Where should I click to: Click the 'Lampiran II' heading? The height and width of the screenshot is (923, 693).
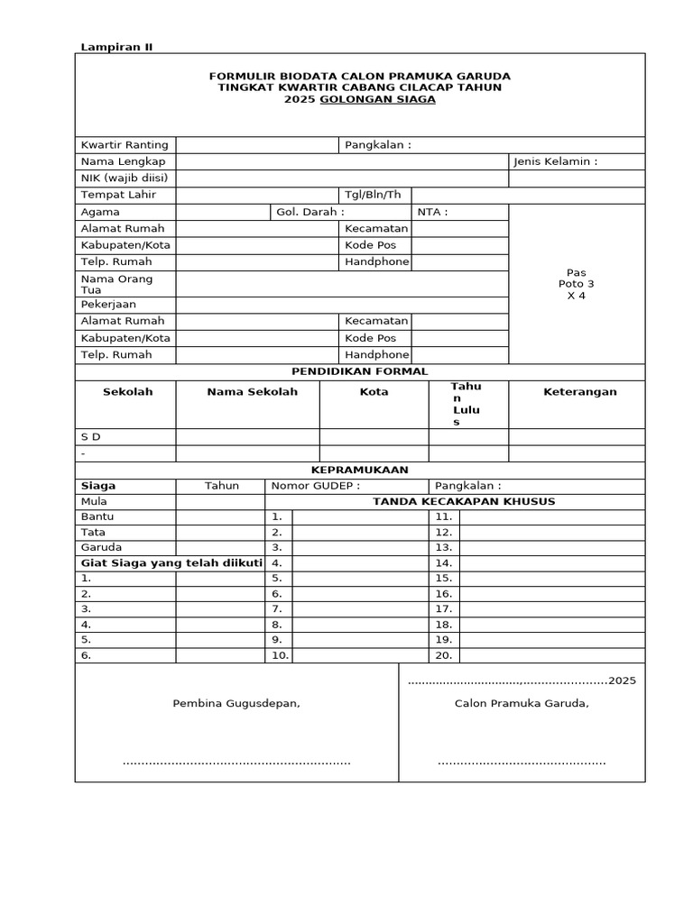pyautogui.click(x=117, y=47)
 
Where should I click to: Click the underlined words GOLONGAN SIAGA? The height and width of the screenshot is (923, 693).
pyautogui.click(x=397, y=99)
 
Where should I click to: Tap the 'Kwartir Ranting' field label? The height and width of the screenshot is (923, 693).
pyautogui.click(x=125, y=145)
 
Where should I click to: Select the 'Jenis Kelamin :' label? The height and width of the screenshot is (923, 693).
pyautogui.click(x=555, y=161)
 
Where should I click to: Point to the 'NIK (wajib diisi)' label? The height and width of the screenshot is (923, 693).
pyautogui.click(x=125, y=178)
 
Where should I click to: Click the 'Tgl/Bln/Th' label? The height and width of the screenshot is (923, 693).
pyautogui.click(x=373, y=195)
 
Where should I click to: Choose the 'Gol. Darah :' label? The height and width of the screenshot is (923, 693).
pyautogui.click(x=310, y=212)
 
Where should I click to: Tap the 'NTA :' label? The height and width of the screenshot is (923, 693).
pyautogui.click(x=432, y=212)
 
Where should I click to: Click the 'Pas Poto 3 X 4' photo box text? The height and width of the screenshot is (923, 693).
pyautogui.click(x=577, y=284)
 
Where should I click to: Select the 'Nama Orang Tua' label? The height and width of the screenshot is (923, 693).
pyautogui.click(x=117, y=284)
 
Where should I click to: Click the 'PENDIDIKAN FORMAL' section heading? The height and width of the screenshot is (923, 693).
pyautogui.click(x=359, y=371)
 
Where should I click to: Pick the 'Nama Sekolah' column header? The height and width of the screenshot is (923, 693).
pyautogui.click(x=252, y=392)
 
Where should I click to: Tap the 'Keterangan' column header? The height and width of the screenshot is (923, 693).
pyautogui.click(x=579, y=392)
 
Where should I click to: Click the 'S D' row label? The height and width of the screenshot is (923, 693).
pyautogui.click(x=91, y=436)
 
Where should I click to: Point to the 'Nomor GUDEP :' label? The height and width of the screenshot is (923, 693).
pyautogui.click(x=309, y=486)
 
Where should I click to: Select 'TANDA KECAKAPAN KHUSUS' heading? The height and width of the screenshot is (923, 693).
pyautogui.click(x=457, y=501)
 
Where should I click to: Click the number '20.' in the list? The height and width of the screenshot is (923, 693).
pyautogui.click(x=443, y=655)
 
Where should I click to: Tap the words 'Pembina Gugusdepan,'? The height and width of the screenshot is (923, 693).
pyautogui.click(x=236, y=703)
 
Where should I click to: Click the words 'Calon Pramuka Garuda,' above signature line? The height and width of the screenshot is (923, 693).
pyautogui.click(x=522, y=703)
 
